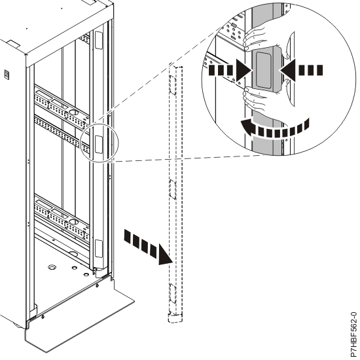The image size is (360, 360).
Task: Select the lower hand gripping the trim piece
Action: coord(252,101)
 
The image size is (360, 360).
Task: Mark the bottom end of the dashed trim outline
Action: coord(172,319)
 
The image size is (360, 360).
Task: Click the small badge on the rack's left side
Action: coord(8,74)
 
